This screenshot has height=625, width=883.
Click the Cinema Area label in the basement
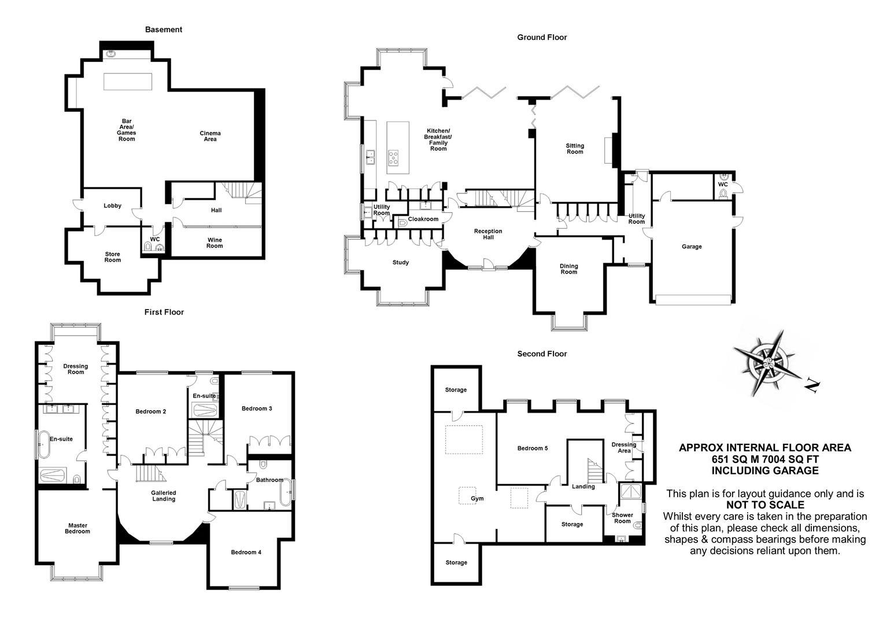click(210, 136)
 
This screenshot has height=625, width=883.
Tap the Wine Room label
click(215, 242)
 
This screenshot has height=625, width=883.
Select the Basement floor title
click(164, 30)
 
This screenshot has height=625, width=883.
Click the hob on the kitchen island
click(393, 157)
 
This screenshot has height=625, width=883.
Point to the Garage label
click(692, 247)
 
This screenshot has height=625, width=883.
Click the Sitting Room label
click(575, 149)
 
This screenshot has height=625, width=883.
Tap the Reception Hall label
click(488, 234)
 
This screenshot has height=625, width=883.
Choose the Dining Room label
click(569, 269)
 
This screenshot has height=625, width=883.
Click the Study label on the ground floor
click(401, 262)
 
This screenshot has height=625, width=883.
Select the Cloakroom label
click(423, 219)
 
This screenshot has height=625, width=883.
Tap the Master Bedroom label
click(77, 528)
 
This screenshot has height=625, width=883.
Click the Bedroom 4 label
click(246, 552)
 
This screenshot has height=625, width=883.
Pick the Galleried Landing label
click(164, 495)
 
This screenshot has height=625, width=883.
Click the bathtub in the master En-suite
click(43, 443)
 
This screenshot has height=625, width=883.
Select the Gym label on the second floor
click(477, 499)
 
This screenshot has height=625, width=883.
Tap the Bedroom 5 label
click(533, 448)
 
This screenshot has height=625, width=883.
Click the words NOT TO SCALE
click(765, 505)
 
